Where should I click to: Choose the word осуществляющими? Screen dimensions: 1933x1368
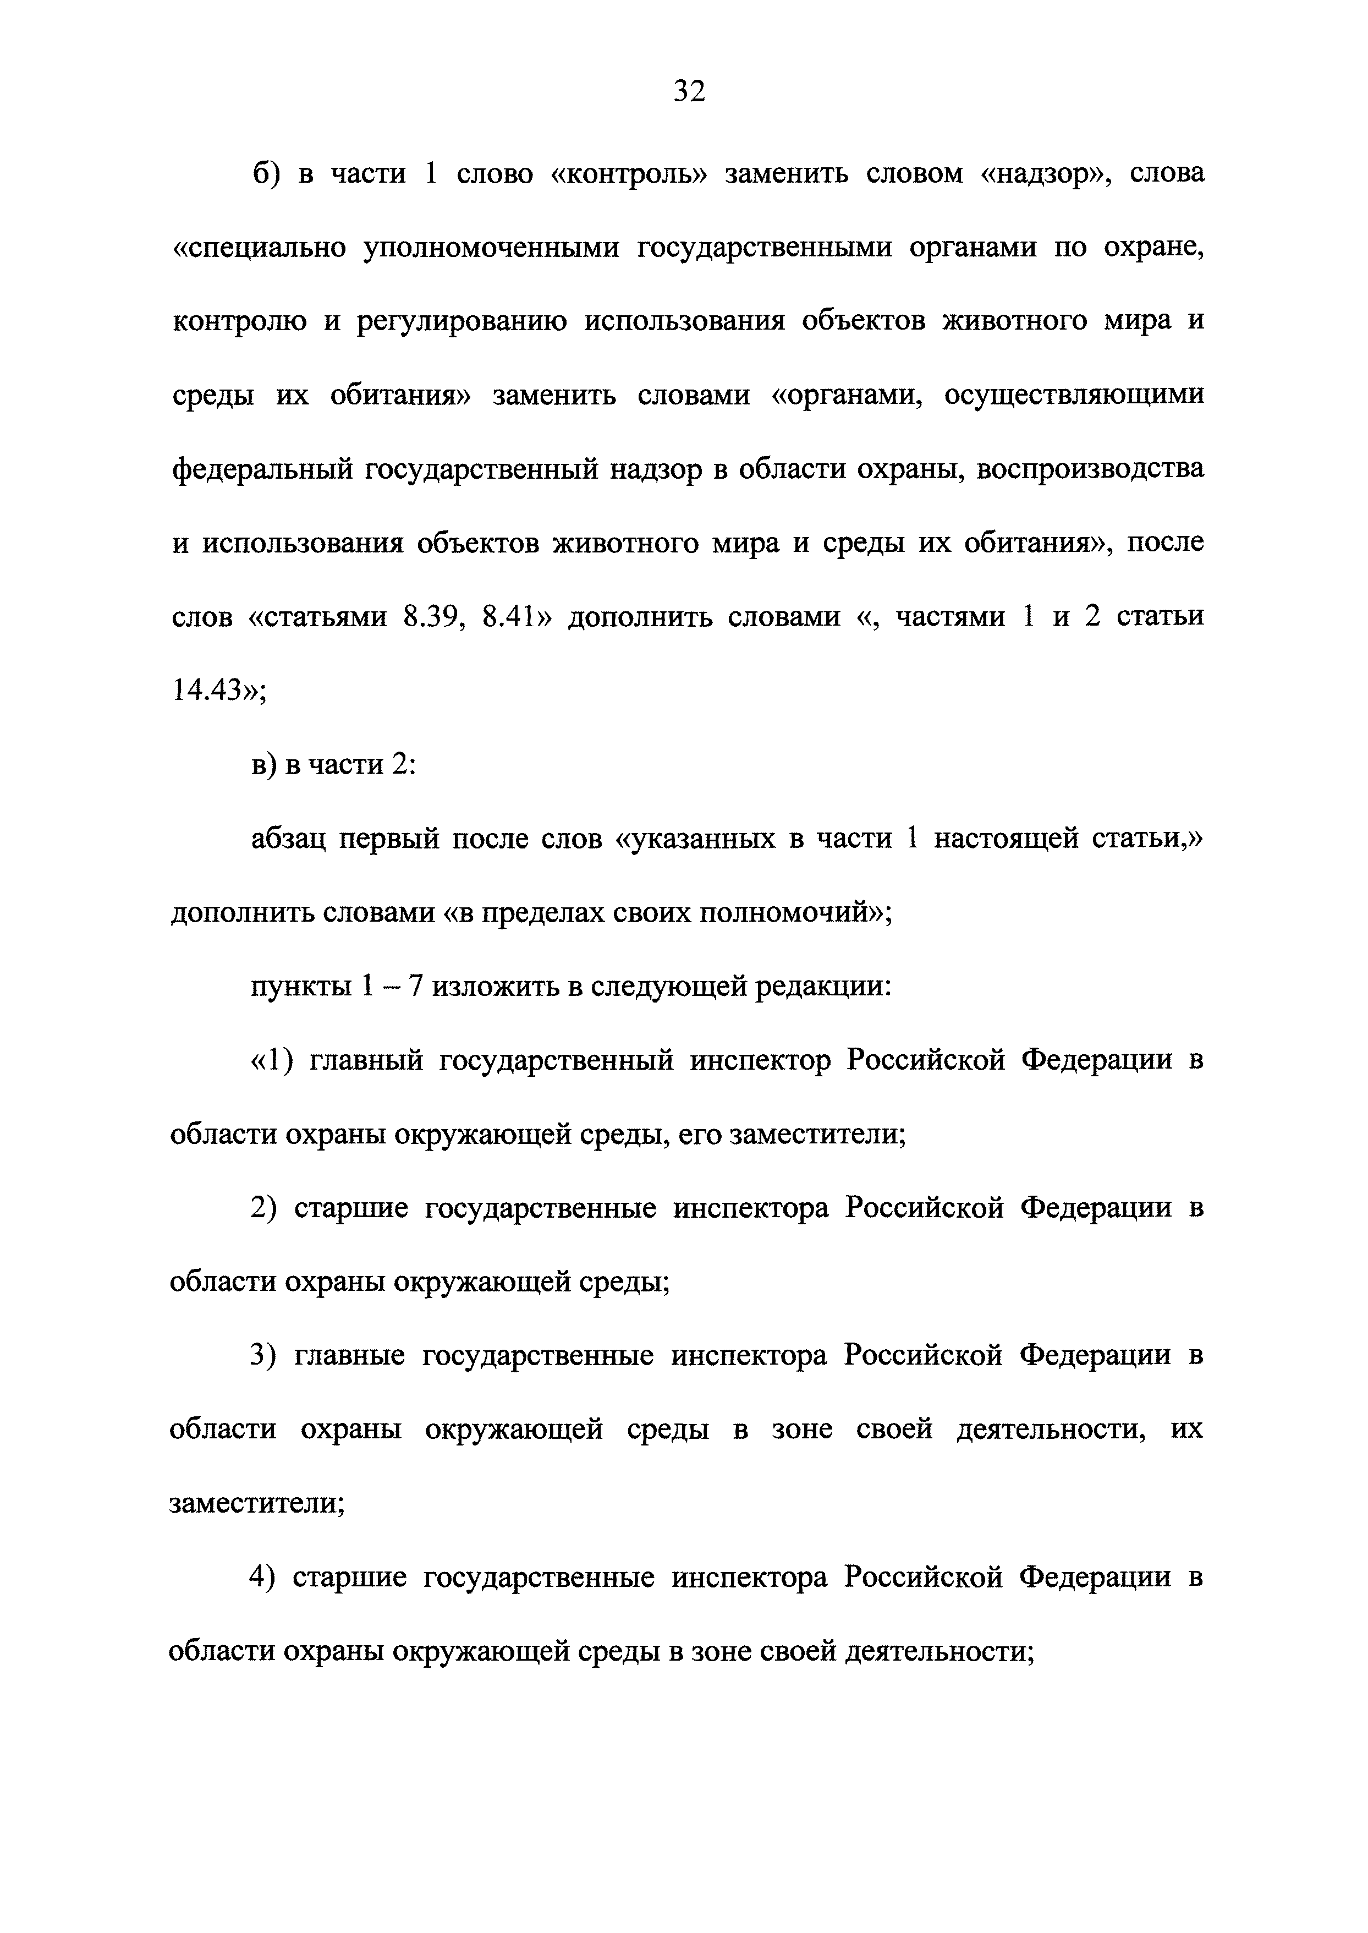click(1074, 395)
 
